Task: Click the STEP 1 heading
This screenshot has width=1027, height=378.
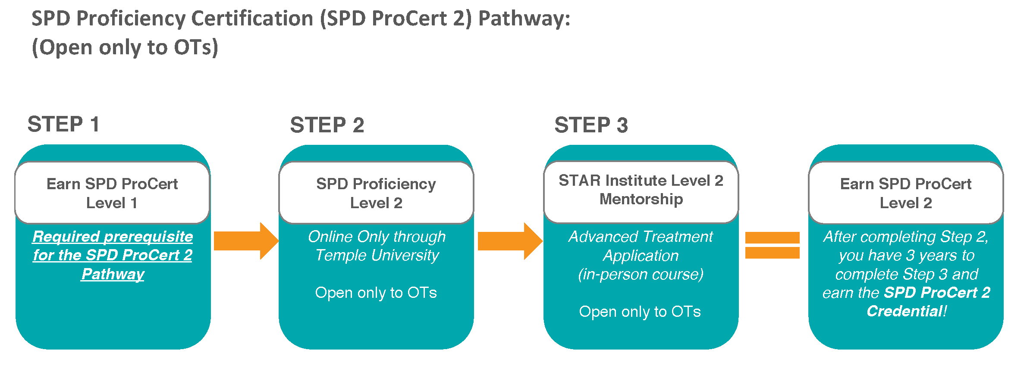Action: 63,125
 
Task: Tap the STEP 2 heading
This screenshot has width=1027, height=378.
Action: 327,125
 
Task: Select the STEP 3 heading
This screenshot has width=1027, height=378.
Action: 591,125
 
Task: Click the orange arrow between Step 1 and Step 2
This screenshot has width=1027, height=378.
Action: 246,241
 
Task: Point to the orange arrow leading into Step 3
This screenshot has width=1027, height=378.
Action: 510,241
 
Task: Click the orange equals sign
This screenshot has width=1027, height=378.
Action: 773,245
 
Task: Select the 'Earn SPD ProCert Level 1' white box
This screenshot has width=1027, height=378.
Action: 112,193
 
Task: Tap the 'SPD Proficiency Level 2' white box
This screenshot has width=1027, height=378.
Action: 376,193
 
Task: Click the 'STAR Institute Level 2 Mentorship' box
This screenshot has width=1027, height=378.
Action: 641,192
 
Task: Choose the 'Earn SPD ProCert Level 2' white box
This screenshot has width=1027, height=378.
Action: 906,193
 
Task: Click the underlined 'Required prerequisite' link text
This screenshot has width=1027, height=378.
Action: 113,237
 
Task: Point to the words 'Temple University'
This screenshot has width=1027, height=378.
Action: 377,255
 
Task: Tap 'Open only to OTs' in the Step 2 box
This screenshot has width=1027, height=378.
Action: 376,293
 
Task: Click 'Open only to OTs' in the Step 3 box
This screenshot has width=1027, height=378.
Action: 640,312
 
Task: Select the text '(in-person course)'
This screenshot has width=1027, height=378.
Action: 641,275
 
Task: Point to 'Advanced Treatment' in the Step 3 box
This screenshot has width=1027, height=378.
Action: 641,237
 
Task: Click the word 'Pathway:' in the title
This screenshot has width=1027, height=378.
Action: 524,19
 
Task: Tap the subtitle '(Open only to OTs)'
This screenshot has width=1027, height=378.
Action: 125,47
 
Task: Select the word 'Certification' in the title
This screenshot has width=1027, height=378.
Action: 252,19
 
